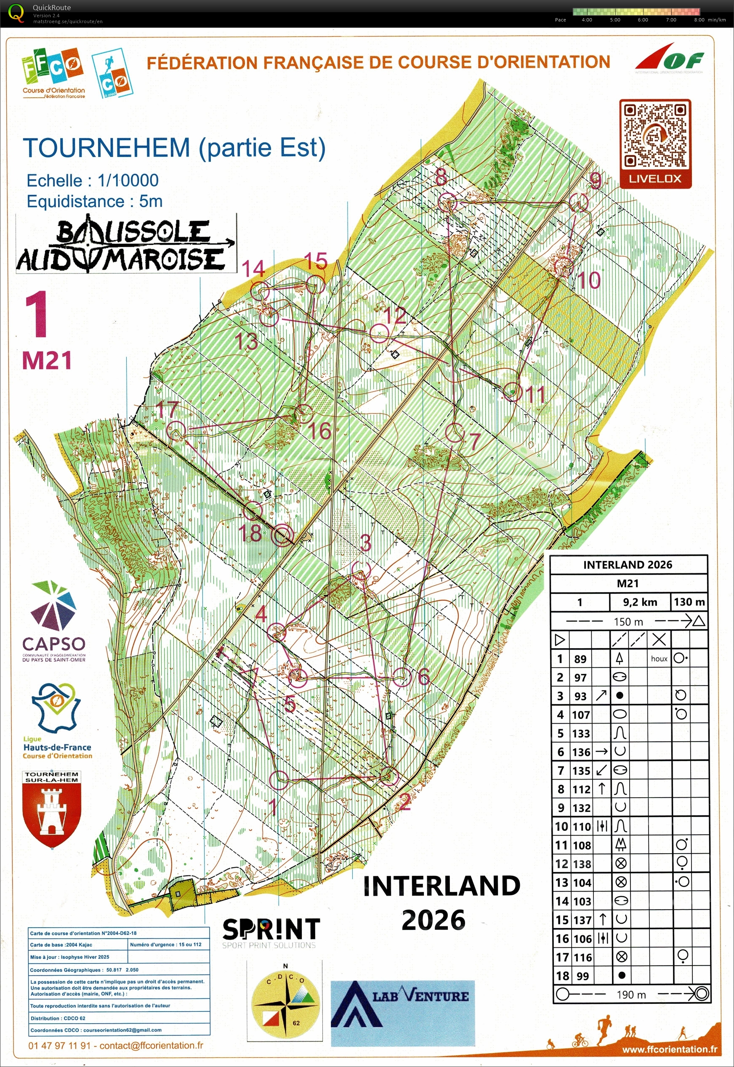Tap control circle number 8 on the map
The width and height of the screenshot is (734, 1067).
pos(447,203)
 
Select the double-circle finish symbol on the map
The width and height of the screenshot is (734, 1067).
pos(283,535)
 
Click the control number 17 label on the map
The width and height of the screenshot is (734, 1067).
pos(167,409)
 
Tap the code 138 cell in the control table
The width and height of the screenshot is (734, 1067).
pos(582,864)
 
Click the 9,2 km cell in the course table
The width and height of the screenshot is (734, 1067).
pos(640,602)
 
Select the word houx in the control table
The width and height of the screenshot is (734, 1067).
pos(659,659)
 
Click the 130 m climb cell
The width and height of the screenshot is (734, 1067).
pos(689,602)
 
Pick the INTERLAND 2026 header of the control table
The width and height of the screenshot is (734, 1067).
pos(628,565)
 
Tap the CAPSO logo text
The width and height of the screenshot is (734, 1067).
pos(53,644)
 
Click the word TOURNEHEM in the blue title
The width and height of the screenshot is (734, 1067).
pos(107,148)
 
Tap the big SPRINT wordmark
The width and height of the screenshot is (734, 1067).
pos(271,929)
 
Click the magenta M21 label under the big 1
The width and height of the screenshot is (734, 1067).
pos(47,361)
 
